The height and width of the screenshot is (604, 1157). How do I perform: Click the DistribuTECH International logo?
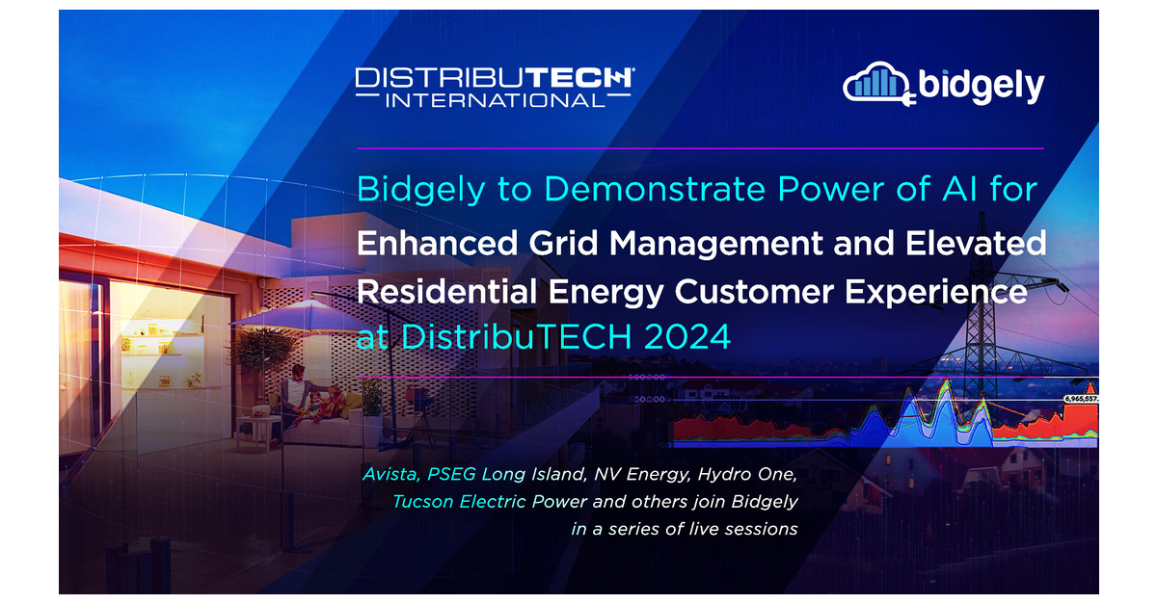[x=493, y=86]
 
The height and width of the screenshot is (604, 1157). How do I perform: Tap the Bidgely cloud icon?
[x=875, y=84]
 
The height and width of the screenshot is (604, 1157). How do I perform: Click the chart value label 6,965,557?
[x=1080, y=398]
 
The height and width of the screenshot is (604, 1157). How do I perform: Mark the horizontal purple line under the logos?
[x=700, y=148]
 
